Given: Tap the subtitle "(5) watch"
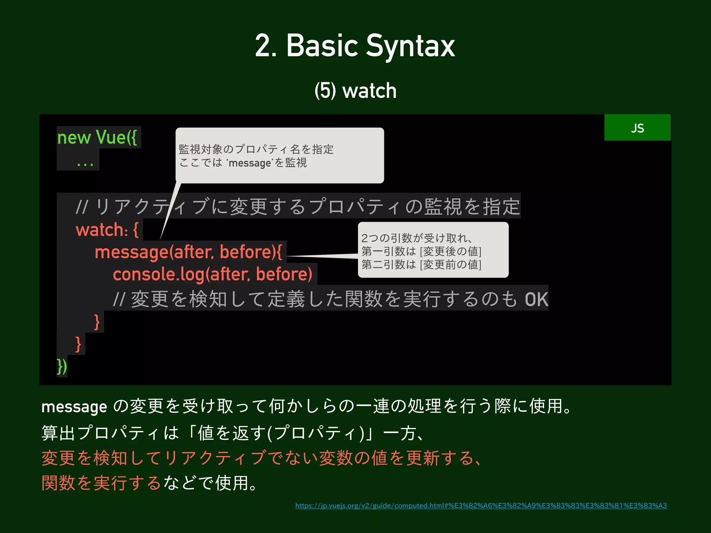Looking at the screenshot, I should tap(355, 91).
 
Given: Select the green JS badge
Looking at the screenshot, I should tap(637, 128).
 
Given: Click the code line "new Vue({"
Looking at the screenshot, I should tap(97, 137).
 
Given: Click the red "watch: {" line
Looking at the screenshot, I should tap(107, 230).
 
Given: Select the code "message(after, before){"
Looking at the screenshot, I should tap(188, 252).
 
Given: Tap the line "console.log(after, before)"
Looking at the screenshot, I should tap(212, 274).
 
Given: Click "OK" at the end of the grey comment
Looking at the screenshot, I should tap(536, 299).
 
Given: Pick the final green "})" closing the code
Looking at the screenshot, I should tap(62, 366).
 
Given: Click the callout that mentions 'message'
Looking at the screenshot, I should tap(279, 155).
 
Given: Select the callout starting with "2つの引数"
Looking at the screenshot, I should tap(433, 250).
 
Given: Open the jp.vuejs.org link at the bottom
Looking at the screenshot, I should tap(481, 506).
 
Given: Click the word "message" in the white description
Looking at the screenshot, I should tap(74, 407).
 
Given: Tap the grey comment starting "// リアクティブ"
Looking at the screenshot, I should tap(298, 206).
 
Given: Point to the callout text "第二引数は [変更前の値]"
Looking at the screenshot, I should tap(421, 265).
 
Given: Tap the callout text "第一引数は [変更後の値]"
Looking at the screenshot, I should tap(421, 251).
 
